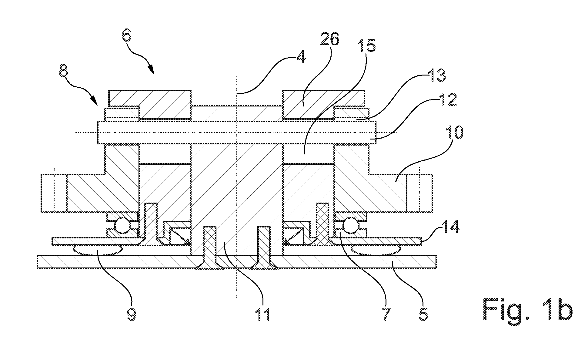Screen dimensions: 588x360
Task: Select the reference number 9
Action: click(x=131, y=314)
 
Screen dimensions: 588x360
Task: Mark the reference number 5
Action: click(x=423, y=314)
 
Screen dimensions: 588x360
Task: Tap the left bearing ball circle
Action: click(x=122, y=225)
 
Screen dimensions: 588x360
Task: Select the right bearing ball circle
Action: click(x=350, y=225)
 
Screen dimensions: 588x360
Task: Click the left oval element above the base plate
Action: click(x=97, y=250)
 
